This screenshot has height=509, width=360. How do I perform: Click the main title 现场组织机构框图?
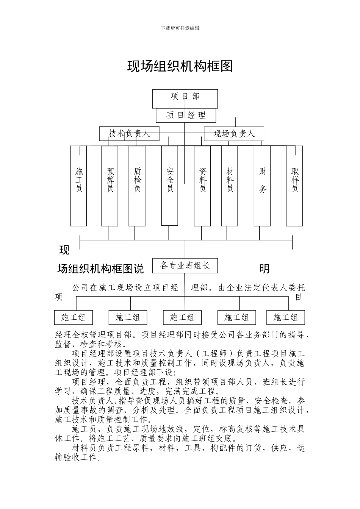pos(180,66)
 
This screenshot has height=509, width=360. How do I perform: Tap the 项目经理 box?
pos(186,115)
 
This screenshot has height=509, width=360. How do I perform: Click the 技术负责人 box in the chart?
pos(129,134)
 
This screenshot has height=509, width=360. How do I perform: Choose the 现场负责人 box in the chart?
pos(234,134)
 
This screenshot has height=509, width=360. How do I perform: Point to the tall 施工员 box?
pos(78,186)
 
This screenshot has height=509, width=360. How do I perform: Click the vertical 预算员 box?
pos(110,186)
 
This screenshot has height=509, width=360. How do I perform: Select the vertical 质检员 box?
pos(137,186)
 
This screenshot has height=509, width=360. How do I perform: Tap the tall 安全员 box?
pos(170,186)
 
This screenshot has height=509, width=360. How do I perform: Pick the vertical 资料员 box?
pos(202,186)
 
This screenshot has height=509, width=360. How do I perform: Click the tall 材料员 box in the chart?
pos(230,186)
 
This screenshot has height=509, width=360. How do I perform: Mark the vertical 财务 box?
pos(262,186)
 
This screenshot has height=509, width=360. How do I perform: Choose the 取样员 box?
pos(294,186)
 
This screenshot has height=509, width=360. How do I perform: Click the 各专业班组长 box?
pos(185,265)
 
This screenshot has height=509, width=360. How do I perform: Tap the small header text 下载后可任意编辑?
pos(180,28)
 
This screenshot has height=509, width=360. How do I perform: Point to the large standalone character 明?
pos(264,269)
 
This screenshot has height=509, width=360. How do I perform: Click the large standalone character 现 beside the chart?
pos(64,250)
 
